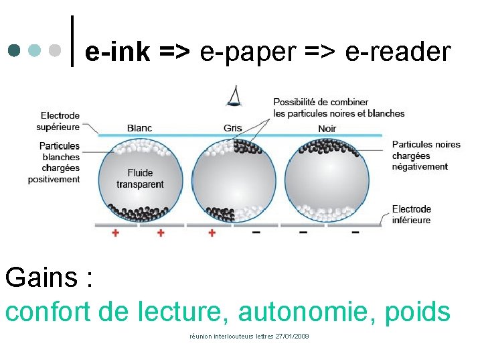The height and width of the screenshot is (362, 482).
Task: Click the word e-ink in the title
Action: click(118, 51)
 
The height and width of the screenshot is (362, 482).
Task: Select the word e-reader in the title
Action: click(398, 51)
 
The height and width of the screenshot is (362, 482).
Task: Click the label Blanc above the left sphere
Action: click(139, 128)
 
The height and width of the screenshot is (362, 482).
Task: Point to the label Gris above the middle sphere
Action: click(233, 128)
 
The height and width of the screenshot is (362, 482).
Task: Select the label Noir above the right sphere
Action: click(327, 128)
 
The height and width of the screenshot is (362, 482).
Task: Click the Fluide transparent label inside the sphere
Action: click(140, 179)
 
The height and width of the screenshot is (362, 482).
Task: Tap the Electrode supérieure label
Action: click(60, 121)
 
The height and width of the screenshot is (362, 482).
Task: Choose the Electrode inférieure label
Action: click(412, 215)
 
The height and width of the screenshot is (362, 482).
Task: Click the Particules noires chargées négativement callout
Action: click(426, 156)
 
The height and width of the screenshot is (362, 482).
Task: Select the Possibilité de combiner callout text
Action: click(339, 107)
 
